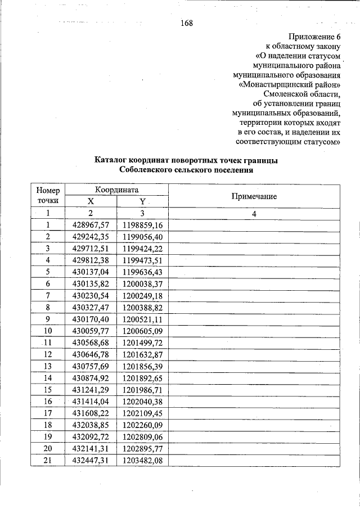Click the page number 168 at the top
(x=187, y=23)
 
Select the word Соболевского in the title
(x=147, y=170)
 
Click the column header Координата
(x=116, y=190)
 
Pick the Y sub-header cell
(x=142, y=201)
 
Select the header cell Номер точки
(x=48, y=195)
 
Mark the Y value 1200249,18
(x=142, y=295)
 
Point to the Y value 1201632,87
(x=142, y=354)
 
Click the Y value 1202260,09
(x=142, y=425)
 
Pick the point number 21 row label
(x=48, y=461)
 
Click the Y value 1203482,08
(x=142, y=461)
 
